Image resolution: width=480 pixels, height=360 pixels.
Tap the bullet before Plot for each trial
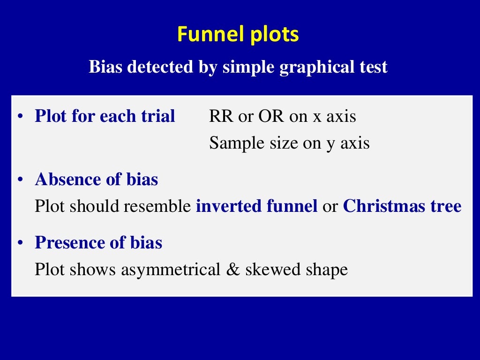coord(19,117)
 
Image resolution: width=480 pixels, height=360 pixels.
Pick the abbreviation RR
coord(221,117)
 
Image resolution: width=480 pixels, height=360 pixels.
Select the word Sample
coord(233,143)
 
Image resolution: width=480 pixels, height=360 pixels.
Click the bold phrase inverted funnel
coord(256,206)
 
